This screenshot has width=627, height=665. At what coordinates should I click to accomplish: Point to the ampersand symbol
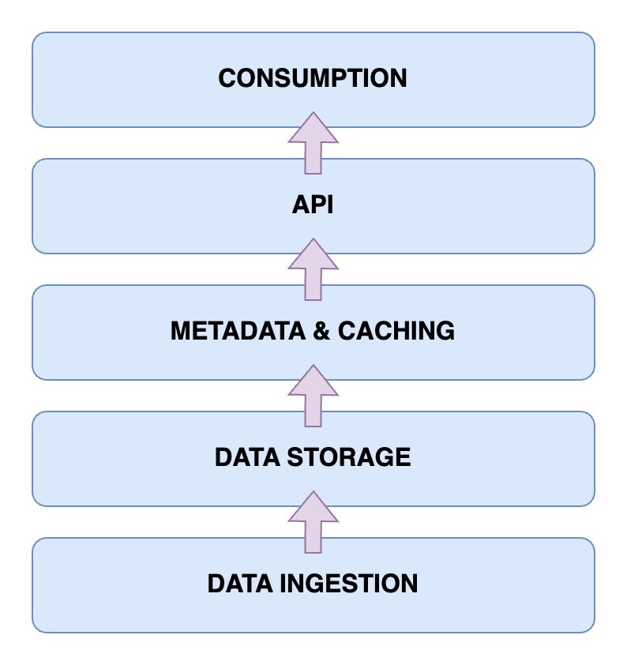pyautogui.click(x=321, y=331)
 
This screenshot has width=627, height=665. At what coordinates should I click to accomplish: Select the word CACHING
pyautogui.click(x=396, y=331)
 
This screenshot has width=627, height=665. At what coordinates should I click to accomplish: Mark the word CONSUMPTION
pyautogui.click(x=313, y=78)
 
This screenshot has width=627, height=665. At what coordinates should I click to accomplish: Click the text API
pyautogui.click(x=313, y=205)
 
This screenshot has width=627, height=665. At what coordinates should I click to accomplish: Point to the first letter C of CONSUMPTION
pyautogui.click(x=227, y=78)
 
